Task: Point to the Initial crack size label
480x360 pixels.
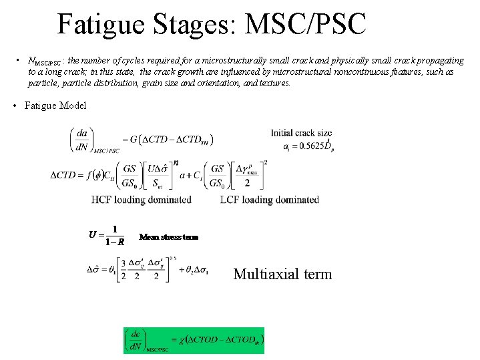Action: (301, 133)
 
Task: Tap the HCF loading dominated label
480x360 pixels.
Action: (142, 199)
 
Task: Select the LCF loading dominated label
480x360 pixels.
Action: (269, 199)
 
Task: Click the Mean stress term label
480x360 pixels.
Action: (168, 236)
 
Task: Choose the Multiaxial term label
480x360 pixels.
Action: (282, 274)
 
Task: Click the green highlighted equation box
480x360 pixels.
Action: (194, 340)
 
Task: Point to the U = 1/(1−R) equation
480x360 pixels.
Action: (107, 234)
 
